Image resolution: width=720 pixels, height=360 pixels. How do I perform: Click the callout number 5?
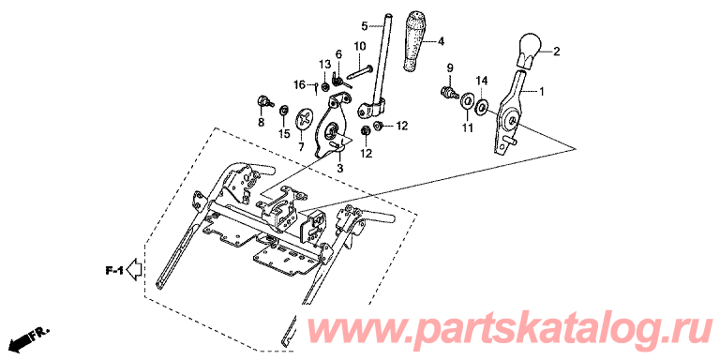point(364,26)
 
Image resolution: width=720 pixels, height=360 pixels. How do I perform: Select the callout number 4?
point(441,42)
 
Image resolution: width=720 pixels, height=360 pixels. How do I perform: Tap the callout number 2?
point(556,52)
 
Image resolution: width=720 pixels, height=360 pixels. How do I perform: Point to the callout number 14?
point(481,81)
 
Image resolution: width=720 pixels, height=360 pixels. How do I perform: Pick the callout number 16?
point(299,85)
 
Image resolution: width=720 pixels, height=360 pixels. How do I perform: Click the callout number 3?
point(339,168)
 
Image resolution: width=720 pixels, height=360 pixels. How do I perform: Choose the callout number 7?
point(301,147)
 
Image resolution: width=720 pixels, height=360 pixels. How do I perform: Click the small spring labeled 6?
point(338,81)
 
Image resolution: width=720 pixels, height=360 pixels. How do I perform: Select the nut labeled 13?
point(324,86)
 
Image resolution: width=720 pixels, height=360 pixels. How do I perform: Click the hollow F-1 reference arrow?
point(134,269)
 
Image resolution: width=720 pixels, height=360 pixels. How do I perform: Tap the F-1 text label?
point(113,271)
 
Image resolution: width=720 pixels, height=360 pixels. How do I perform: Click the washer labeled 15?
point(284,111)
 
